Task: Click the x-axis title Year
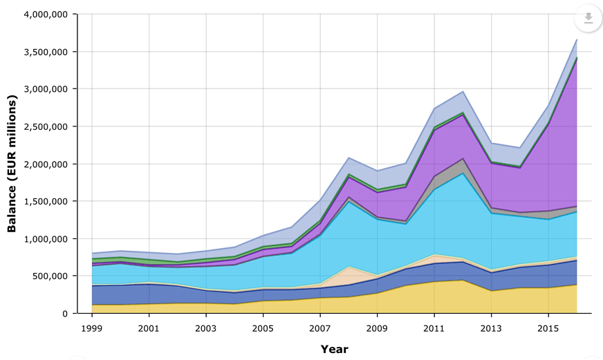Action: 335,349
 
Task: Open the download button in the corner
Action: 588,19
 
